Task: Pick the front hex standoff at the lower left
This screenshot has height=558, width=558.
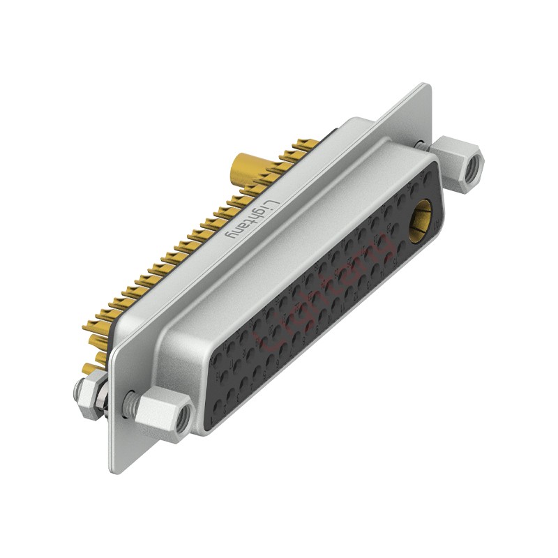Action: click(x=165, y=414)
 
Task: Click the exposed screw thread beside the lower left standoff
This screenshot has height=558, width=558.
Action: click(x=129, y=401)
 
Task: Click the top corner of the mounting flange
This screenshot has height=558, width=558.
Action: click(x=425, y=86)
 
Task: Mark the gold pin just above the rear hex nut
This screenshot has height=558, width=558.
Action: click(x=89, y=368)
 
